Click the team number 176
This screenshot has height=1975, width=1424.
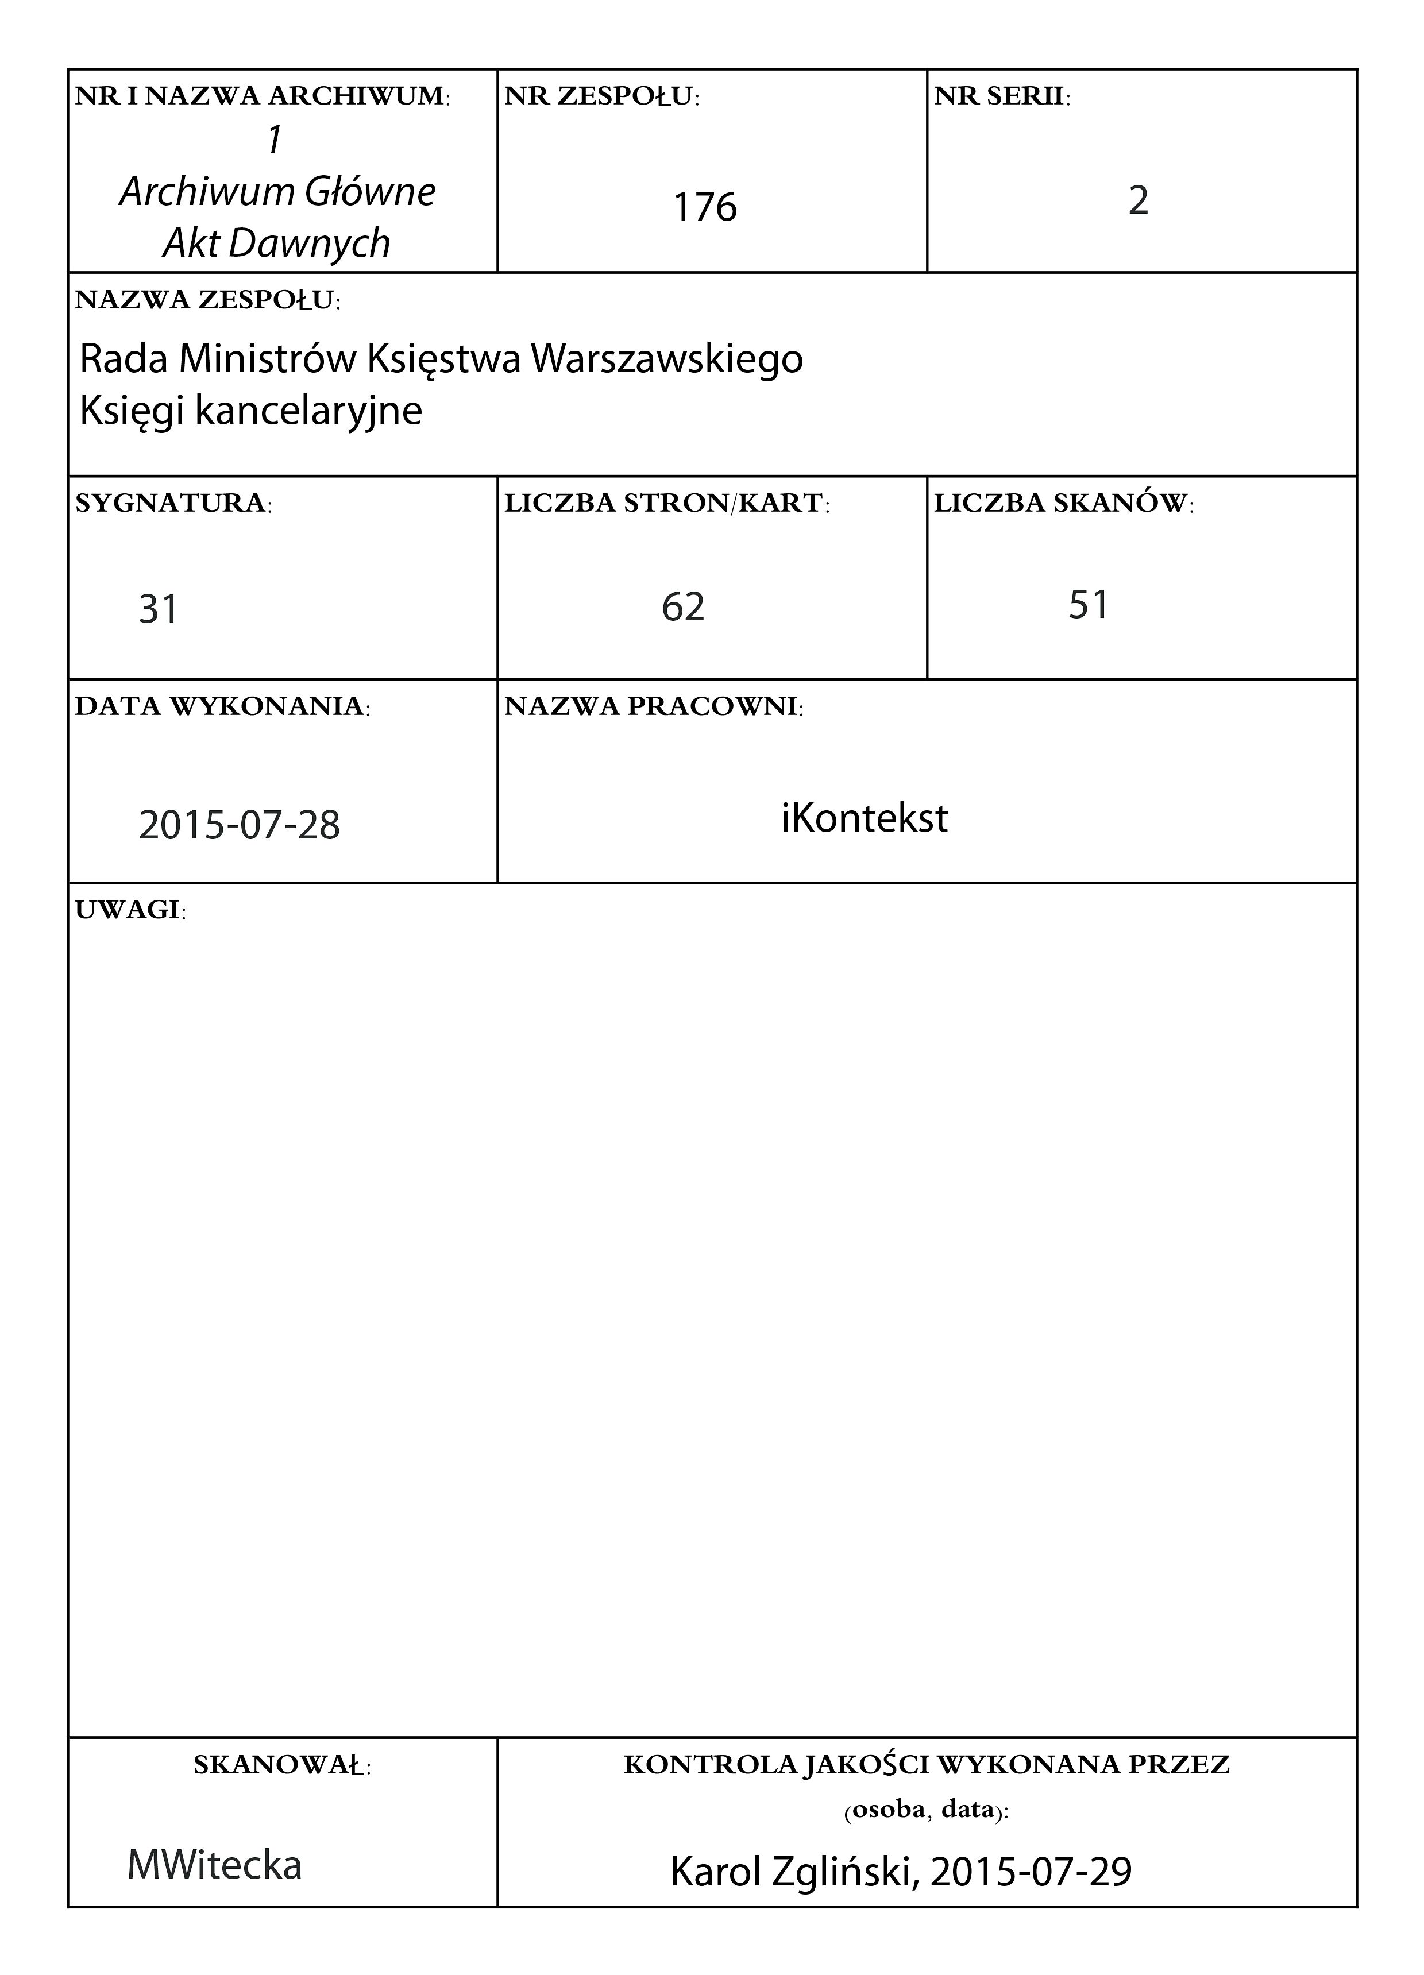(x=705, y=207)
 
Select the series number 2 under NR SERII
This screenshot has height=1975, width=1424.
(x=1139, y=201)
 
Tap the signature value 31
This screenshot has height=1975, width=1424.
(x=159, y=609)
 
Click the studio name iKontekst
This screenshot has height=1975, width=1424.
(x=864, y=818)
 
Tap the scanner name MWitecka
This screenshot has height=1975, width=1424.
(x=214, y=1864)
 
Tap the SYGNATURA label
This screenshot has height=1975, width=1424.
(x=172, y=503)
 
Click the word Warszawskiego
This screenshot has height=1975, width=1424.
(x=666, y=359)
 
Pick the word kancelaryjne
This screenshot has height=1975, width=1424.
(x=308, y=410)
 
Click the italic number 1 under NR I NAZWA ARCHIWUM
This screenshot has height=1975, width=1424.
(x=275, y=140)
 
